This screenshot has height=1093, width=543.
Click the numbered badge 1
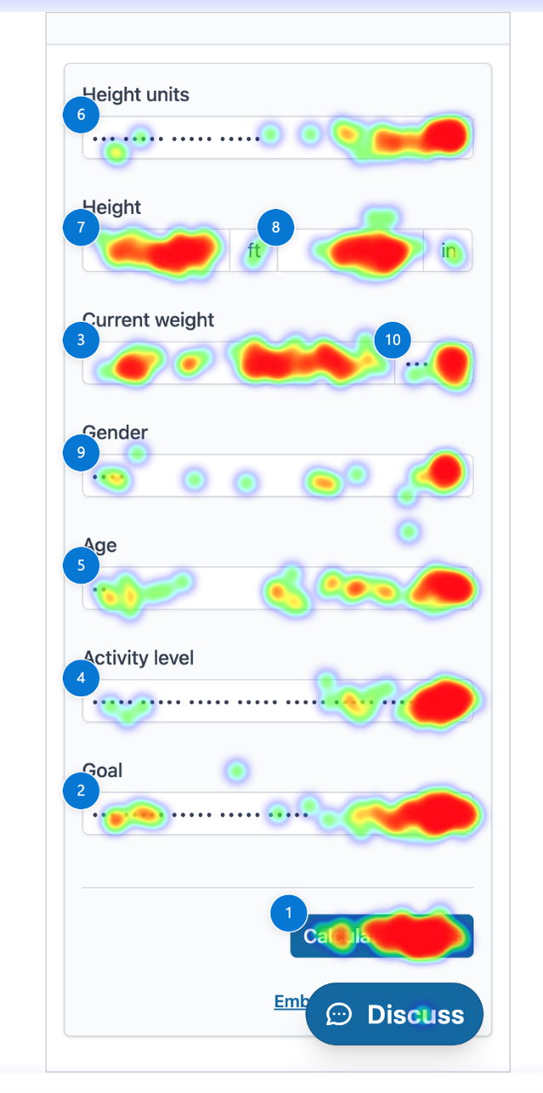point(289,913)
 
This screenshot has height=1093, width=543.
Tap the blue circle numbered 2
point(81,790)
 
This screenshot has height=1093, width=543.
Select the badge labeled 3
point(81,340)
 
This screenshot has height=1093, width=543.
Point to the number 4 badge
point(81,678)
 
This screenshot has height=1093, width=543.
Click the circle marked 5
point(81,565)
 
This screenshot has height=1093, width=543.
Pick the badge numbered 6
point(81,115)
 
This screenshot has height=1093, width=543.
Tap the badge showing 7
point(81,227)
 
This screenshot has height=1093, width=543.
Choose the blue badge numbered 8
point(274,227)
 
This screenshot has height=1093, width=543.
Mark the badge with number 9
point(81,452)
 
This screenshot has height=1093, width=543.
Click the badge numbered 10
point(393,340)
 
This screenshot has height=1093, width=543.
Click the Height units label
point(136,94)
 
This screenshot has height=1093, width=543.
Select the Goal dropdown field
point(277,814)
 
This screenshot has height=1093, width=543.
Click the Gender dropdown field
point(277,476)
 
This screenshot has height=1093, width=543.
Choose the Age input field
point(277,588)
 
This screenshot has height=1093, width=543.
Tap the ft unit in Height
point(254,251)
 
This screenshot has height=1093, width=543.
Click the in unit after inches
point(448,251)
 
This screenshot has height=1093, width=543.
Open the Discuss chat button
point(395,1014)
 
